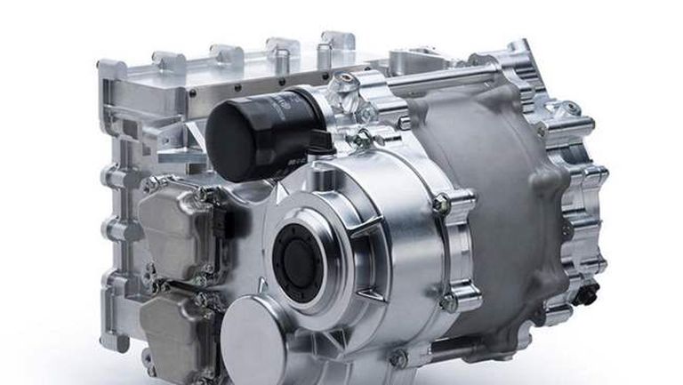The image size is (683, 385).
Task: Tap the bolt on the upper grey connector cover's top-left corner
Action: (x=151, y=187)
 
